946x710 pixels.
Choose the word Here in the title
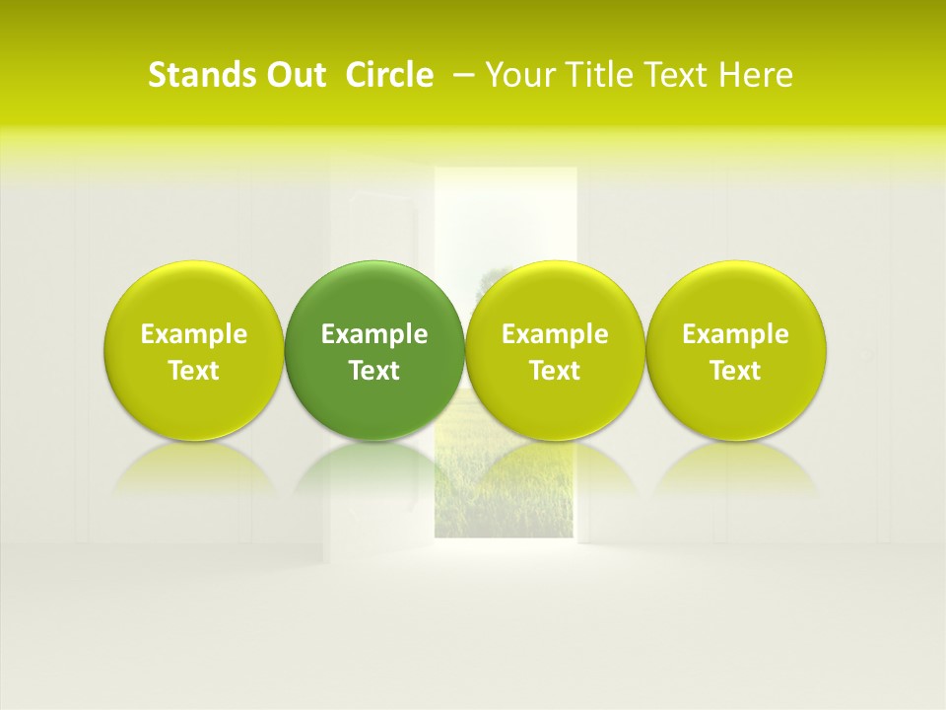(x=757, y=76)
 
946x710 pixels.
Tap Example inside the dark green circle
(x=374, y=334)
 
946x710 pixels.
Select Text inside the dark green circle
(x=374, y=371)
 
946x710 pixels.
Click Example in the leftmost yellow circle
(x=194, y=334)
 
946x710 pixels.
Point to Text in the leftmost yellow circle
(x=194, y=371)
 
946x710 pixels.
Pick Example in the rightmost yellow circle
(x=735, y=334)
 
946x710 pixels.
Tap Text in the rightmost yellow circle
(x=735, y=371)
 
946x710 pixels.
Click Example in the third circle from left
(x=555, y=334)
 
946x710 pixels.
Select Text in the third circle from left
(x=555, y=371)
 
